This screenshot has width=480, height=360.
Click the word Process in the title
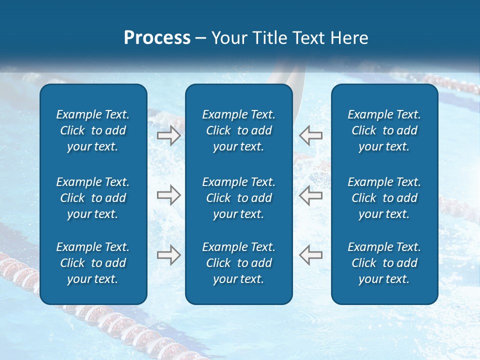(x=157, y=38)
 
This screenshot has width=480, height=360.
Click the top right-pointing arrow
(x=168, y=135)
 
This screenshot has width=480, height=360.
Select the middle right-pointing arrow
(x=168, y=195)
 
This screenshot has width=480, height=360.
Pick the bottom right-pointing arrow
(x=168, y=254)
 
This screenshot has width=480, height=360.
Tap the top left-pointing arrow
(x=310, y=134)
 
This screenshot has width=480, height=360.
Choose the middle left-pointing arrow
(x=310, y=195)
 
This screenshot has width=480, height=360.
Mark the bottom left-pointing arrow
(x=310, y=254)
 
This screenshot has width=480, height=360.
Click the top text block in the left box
(x=93, y=130)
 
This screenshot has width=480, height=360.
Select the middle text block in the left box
(x=93, y=198)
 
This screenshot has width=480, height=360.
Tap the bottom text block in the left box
(x=93, y=263)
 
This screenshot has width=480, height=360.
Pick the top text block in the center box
(x=238, y=130)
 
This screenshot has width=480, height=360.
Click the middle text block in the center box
(x=238, y=198)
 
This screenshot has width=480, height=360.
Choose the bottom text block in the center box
(x=238, y=263)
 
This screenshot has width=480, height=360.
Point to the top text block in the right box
(x=384, y=130)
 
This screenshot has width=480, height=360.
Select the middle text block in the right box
(x=384, y=198)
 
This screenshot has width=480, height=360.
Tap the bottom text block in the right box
(x=384, y=263)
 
